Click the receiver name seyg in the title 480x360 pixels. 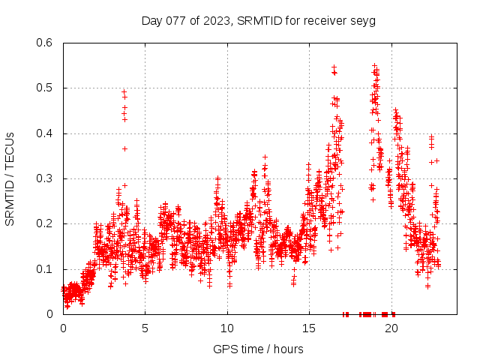point(363,20)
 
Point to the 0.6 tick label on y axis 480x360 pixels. point(46,43)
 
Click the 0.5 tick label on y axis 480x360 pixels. point(46,88)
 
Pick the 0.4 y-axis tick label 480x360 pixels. point(46,133)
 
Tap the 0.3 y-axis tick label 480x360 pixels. point(46,178)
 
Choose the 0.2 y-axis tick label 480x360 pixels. point(46,223)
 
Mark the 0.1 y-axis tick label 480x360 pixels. point(46,268)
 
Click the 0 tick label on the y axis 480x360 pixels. point(52,314)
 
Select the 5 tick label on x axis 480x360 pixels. point(145,328)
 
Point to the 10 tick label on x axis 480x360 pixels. point(227,328)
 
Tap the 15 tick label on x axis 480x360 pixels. point(309,328)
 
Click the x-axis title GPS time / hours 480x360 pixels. point(258,349)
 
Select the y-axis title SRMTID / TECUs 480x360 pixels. point(10,178)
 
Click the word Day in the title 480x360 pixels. point(151,20)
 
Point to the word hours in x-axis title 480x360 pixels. point(288,349)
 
